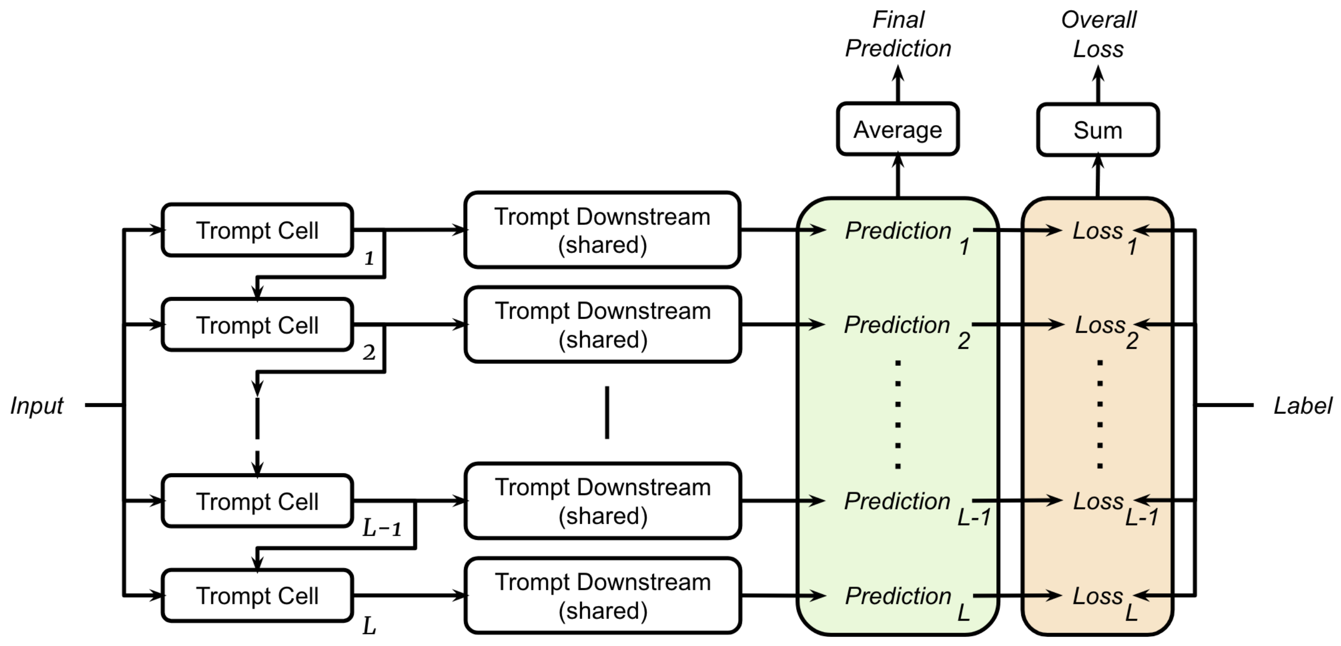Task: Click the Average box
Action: coord(897,129)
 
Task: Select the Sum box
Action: coord(1098,130)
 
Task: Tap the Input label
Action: coord(37,405)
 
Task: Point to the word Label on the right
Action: coord(1302,406)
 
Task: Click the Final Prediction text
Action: coord(898,34)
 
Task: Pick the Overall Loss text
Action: coord(1098,34)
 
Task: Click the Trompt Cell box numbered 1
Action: coord(257,230)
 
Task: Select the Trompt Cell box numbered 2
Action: coord(257,325)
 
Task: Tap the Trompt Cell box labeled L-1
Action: coord(257,501)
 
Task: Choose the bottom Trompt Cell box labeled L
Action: coord(257,596)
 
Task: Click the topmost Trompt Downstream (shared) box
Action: coord(602,230)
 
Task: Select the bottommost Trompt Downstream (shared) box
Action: coord(602,596)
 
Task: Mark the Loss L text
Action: coord(1104,599)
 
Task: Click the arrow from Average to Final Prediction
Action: coord(898,83)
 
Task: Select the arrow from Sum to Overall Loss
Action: coord(1098,83)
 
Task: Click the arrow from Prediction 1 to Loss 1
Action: coord(1015,230)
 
